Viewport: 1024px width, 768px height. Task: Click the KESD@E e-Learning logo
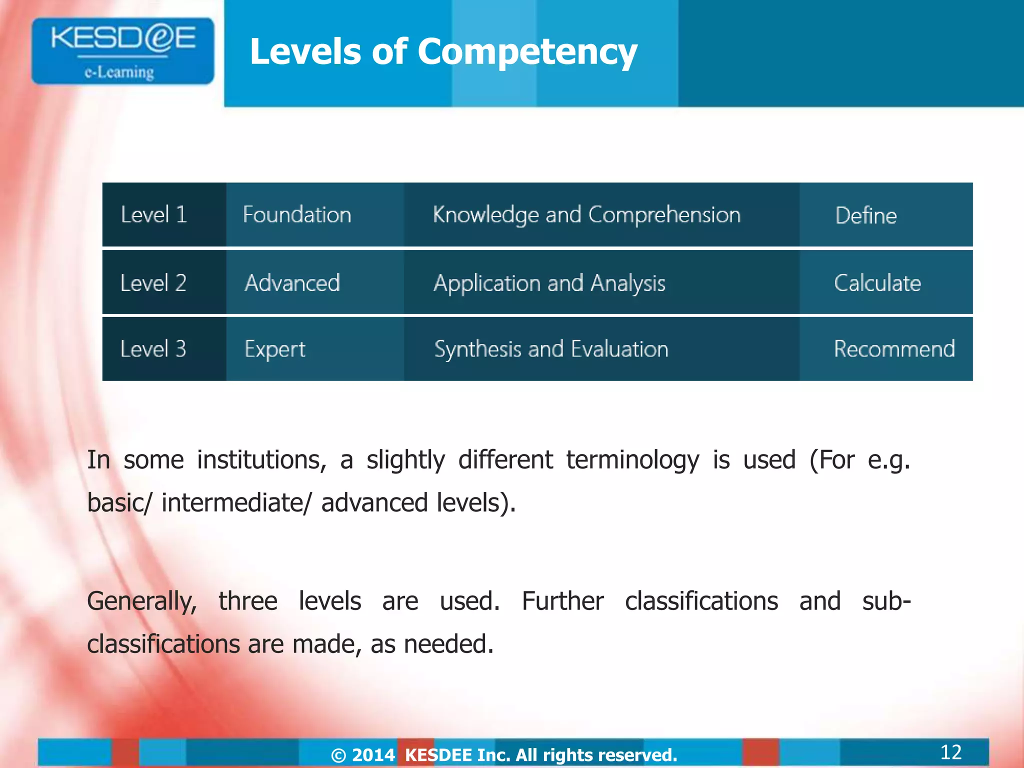pos(122,51)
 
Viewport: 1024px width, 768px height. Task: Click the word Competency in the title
pos(527,52)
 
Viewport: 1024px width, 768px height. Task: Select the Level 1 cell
pos(154,214)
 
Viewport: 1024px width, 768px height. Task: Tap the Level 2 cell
pos(153,283)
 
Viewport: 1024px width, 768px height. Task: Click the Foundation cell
pos(297,214)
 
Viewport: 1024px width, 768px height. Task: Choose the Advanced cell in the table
pos(292,283)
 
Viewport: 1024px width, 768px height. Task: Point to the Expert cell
pos(275,349)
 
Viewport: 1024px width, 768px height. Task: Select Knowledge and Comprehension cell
pos(586,215)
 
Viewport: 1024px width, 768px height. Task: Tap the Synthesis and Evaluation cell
pos(551,349)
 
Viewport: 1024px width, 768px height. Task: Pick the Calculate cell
pos(877,283)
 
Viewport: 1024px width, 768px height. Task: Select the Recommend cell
pos(894,349)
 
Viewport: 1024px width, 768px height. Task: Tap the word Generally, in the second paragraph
pos(142,601)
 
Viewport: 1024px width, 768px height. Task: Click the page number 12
pos(950,752)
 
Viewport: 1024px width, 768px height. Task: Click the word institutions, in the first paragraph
pos(261,460)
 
